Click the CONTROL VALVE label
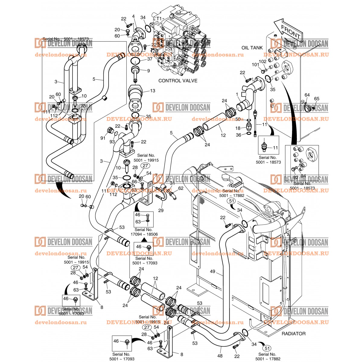(178, 81)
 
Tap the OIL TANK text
(252, 48)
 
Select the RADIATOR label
(293, 334)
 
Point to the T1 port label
(159, 18)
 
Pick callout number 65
(316, 99)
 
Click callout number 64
(307, 95)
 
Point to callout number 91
(103, 138)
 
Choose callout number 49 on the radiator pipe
(213, 271)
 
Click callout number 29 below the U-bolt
(161, 210)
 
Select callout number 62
(181, 189)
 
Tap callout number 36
(238, 135)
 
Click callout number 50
(238, 120)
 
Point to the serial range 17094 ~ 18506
(144, 234)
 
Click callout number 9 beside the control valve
(148, 71)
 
